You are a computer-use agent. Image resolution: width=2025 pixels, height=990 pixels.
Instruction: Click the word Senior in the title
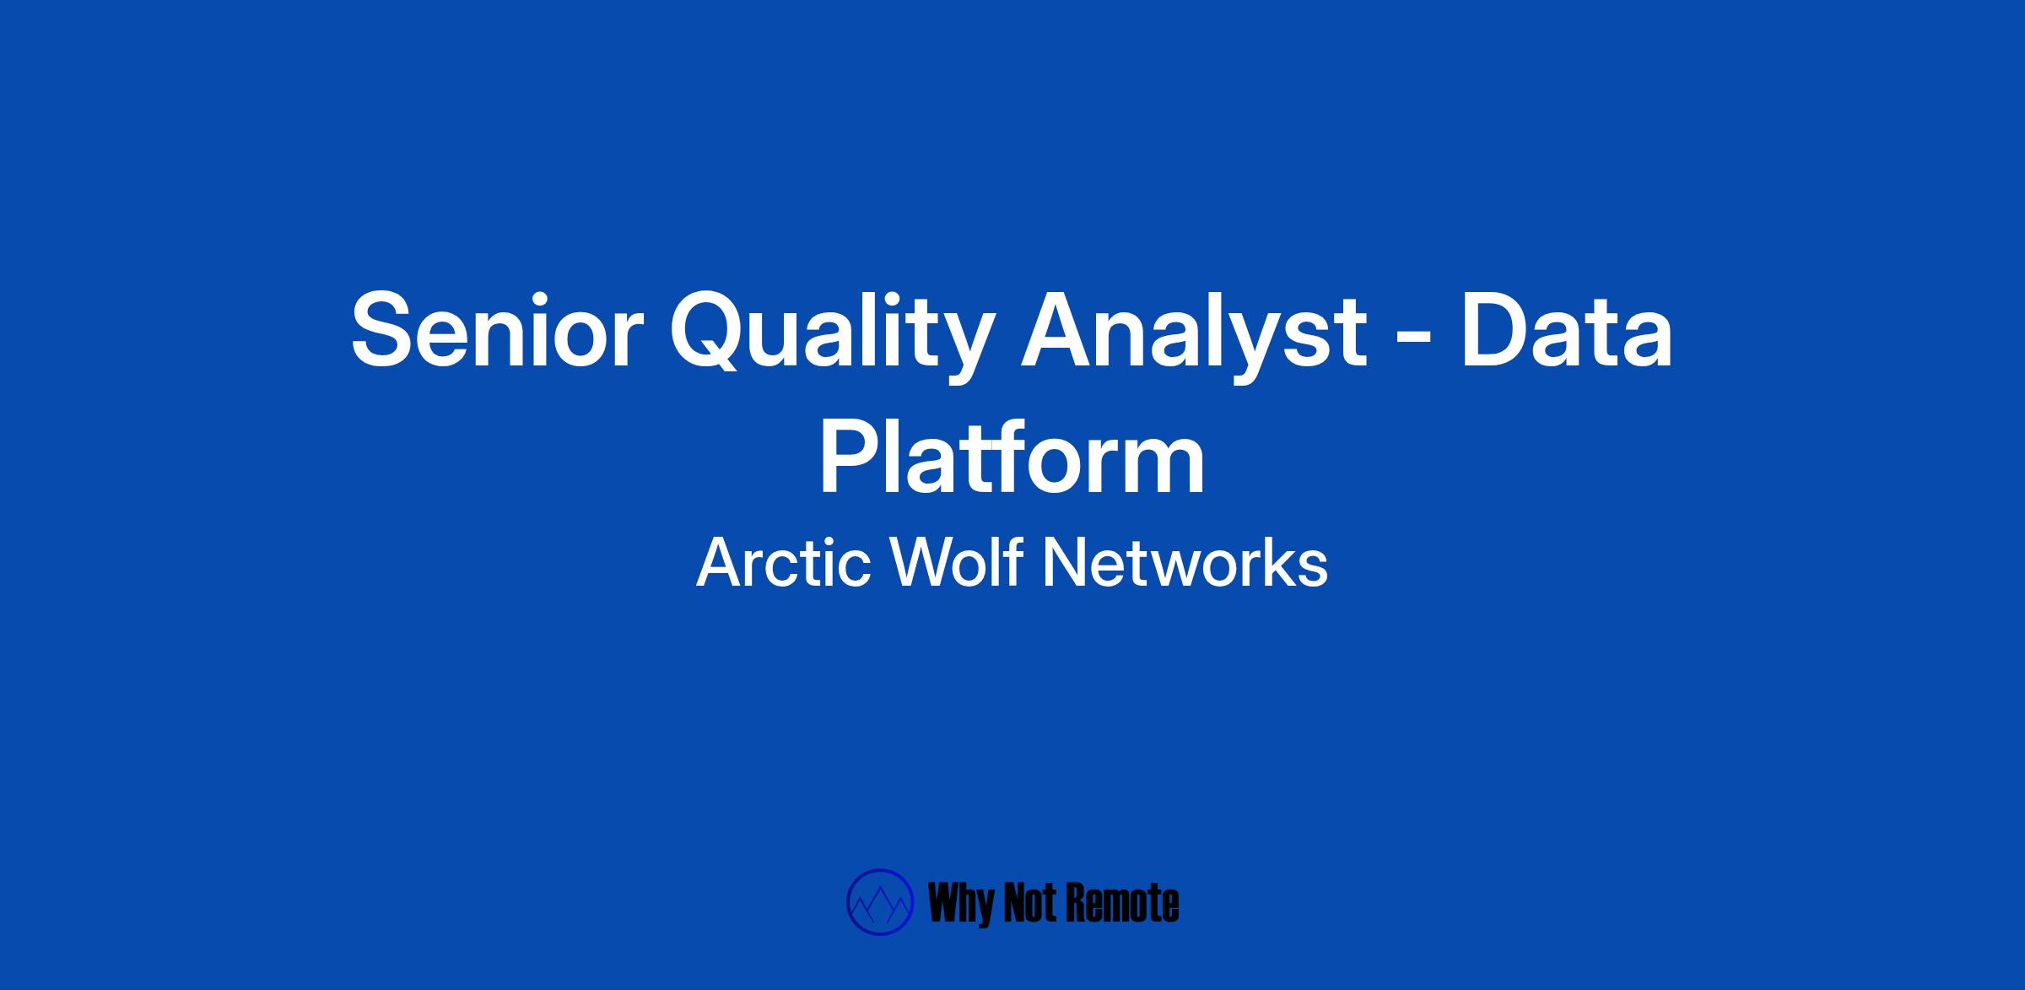(x=497, y=330)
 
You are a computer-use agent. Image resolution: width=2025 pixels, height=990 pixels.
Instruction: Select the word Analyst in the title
(x=1192, y=336)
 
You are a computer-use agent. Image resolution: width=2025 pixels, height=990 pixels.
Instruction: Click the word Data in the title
(x=1566, y=330)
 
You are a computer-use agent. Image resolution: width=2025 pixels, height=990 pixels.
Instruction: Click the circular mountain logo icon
(x=880, y=902)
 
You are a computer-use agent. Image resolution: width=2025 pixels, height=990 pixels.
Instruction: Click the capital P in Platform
(x=849, y=456)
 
